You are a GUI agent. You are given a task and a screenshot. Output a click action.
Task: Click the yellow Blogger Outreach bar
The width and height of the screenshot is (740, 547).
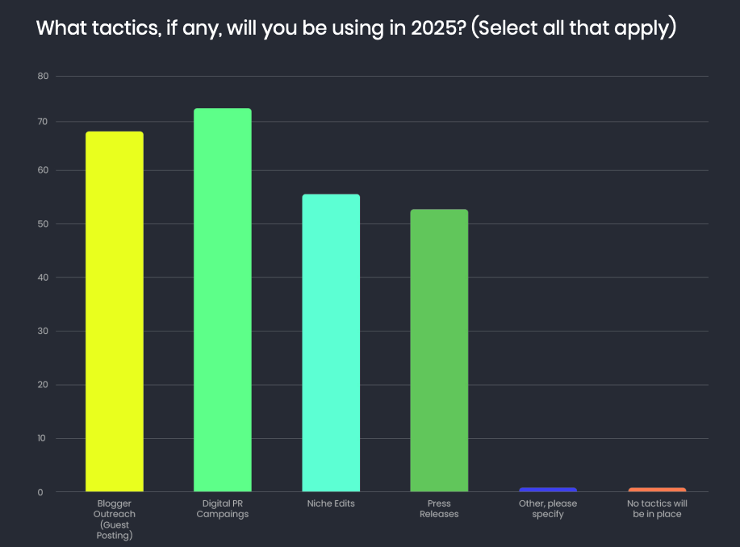[114, 311]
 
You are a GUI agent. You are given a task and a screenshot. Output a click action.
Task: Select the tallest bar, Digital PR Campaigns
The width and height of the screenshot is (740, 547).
[222, 299]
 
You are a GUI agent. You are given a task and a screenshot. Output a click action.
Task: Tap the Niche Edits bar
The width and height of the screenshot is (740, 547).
[331, 343]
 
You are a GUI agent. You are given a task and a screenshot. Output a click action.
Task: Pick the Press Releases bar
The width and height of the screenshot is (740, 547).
[439, 350]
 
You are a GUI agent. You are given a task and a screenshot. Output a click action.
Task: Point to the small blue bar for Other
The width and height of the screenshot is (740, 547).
[548, 489]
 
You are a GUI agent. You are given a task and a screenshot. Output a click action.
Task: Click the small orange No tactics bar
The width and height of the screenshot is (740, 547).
[657, 489]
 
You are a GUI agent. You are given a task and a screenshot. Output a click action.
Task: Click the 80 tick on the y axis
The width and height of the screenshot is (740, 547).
[43, 77]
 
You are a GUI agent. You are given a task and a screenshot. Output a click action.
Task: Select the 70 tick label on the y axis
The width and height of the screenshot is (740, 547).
[43, 122]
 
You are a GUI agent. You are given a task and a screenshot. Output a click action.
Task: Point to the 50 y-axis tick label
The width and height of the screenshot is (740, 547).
[43, 223]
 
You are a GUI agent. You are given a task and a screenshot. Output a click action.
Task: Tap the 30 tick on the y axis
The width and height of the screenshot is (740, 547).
[43, 331]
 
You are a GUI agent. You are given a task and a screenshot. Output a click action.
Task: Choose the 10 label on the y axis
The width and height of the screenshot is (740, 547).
[43, 438]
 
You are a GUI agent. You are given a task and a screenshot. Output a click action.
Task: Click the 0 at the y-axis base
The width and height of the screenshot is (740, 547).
[40, 492]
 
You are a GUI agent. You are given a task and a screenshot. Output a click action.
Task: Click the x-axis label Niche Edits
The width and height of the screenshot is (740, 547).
[331, 503]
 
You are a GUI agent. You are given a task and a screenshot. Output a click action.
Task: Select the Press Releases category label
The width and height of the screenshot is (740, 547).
[439, 508]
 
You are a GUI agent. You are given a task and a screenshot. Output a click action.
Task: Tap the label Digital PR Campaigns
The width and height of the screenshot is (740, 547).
[222, 508]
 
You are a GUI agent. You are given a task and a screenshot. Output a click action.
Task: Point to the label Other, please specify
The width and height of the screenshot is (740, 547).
[548, 508]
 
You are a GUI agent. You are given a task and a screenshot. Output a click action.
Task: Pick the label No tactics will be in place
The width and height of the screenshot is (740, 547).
[657, 508]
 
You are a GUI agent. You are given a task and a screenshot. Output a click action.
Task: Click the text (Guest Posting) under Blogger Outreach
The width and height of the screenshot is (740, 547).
[114, 529]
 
